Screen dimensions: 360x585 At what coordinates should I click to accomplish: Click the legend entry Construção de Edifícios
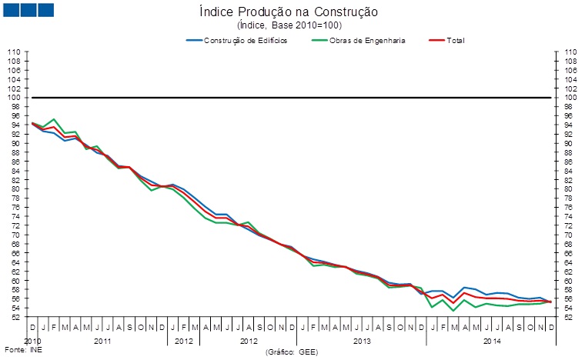point(246,40)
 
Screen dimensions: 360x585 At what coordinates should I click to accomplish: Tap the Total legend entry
point(456,40)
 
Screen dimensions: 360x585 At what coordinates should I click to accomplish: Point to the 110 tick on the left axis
point(13,52)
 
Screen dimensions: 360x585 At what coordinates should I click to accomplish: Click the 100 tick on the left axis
point(13,98)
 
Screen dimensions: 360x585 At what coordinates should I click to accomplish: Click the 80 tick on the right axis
point(570,189)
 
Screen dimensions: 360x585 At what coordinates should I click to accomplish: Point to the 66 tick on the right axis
point(570,253)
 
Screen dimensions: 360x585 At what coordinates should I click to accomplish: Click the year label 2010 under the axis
point(32,339)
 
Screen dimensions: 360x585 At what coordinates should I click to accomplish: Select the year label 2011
point(102,339)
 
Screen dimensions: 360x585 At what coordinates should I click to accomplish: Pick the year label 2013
point(362,339)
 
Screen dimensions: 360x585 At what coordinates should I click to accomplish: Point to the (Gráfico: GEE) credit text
point(292,352)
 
